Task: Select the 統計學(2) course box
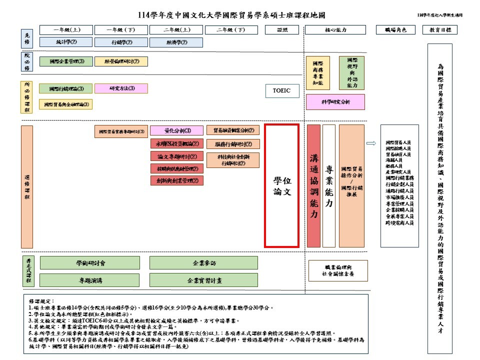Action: tap(66, 42)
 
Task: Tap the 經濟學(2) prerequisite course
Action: tap(177, 42)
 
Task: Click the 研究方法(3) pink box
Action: tap(121, 88)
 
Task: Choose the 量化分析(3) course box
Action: tap(177, 131)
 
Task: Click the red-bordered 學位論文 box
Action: tap(281, 186)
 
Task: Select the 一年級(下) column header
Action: tap(121, 29)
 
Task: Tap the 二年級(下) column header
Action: tap(232, 29)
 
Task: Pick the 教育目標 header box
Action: tap(440, 29)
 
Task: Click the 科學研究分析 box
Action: tap(335, 102)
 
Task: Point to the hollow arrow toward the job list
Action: tap(371, 143)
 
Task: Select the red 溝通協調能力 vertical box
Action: tap(313, 186)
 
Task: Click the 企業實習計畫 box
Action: tap(204, 280)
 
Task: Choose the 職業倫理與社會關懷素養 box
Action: tap(338, 270)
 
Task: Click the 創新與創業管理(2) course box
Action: tap(177, 180)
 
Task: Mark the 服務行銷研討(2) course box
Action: tap(233, 144)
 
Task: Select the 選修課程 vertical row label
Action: tap(27, 186)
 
